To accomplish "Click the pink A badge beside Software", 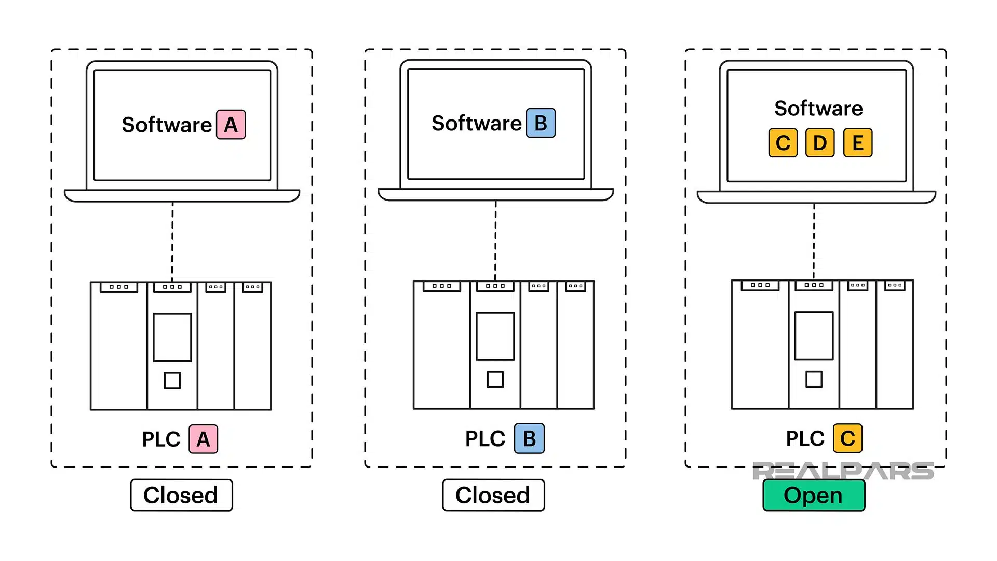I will pyautogui.click(x=231, y=125).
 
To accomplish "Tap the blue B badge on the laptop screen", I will pyautogui.click(x=541, y=123).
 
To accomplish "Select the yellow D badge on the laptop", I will pyautogui.click(x=819, y=143).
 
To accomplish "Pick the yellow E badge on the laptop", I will pyautogui.click(x=857, y=143).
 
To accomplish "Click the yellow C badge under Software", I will pyautogui.click(x=783, y=143).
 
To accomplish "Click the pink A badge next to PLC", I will pyautogui.click(x=203, y=439).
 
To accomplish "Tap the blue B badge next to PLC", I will pyautogui.click(x=529, y=439).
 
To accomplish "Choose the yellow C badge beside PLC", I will pyautogui.click(x=847, y=439).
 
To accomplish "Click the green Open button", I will pyautogui.click(x=813, y=496).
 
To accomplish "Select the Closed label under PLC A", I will pyautogui.click(x=181, y=496).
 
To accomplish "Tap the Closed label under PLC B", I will pyautogui.click(x=493, y=496).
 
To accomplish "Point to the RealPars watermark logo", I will pyautogui.click(x=842, y=471).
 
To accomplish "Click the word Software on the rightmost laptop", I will pyautogui.click(x=818, y=109).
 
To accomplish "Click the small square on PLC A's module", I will pyautogui.click(x=172, y=380).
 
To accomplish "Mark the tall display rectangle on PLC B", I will pyautogui.click(x=495, y=336).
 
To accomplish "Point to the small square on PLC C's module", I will pyautogui.click(x=814, y=379).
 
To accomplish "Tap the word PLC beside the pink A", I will pyautogui.click(x=161, y=439).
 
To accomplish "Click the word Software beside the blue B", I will pyautogui.click(x=476, y=124).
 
